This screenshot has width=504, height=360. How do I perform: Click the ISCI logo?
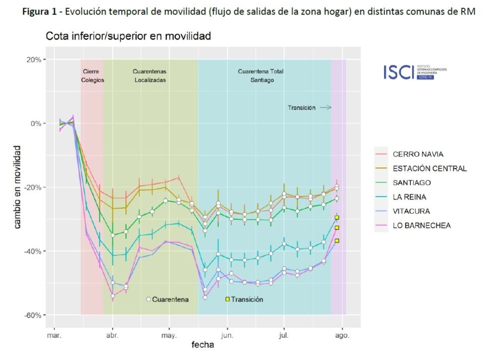(415, 72)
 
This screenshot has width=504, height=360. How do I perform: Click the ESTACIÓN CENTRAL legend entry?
(429, 168)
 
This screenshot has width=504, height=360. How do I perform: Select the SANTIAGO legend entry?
(412, 183)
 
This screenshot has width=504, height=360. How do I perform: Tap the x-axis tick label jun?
(227, 335)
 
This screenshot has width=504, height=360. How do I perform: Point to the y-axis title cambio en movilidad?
(18, 187)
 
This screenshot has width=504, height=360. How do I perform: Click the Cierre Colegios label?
(92, 76)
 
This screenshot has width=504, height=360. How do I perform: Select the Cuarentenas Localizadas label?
(150, 76)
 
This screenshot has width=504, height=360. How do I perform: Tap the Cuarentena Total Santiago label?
(261, 76)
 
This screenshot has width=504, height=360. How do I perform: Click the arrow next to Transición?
(326, 107)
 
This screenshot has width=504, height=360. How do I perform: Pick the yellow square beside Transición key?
(227, 299)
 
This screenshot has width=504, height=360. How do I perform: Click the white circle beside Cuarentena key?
(149, 299)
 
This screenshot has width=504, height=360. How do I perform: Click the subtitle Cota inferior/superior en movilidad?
(128, 37)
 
